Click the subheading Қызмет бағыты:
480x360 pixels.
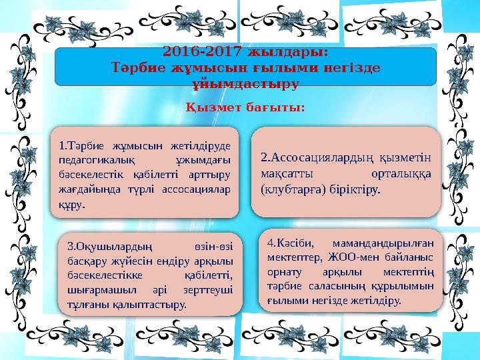click(x=245, y=107)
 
